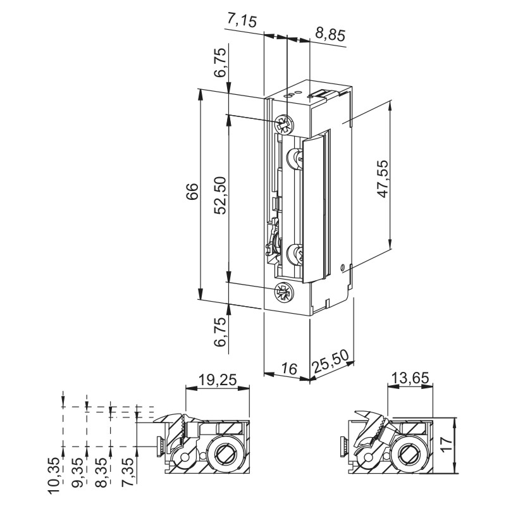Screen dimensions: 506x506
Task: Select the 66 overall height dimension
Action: [x=192, y=197]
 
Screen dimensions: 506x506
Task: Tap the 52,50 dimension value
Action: [x=219, y=197]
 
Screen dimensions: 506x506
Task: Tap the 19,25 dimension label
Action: [x=216, y=380]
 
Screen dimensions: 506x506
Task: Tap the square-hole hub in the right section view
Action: [x=405, y=453]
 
